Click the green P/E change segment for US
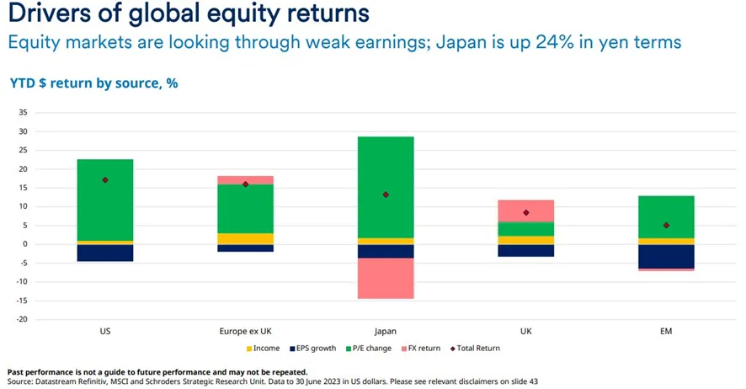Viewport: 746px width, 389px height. pos(105,200)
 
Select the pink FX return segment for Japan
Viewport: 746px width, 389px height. pos(386,278)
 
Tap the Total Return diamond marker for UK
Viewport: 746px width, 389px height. pos(525,213)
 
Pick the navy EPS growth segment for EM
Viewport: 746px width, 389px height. pos(666,256)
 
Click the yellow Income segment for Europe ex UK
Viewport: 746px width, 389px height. pos(245,239)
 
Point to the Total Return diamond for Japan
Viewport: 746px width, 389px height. pos(386,194)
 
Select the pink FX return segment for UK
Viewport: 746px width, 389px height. pos(525,210)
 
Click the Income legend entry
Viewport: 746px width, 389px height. pos(263,348)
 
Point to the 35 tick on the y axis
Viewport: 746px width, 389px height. pos(23,112)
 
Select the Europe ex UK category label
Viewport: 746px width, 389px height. pos(245,332)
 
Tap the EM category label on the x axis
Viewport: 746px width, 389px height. pos(666,332)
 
